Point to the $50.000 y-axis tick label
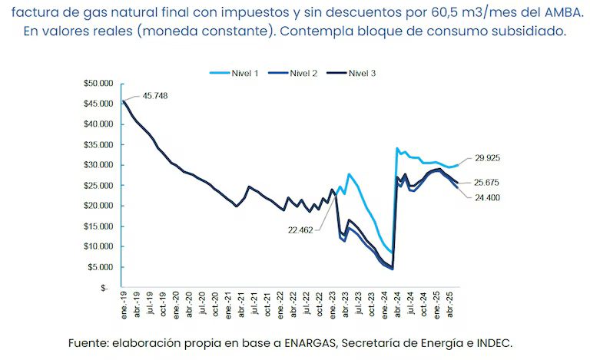[99, 83]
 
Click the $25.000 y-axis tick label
[99, 185]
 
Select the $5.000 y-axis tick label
[101, 267]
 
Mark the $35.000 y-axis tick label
[99, 144]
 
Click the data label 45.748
[155, 96]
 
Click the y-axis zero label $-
[107, 288]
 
